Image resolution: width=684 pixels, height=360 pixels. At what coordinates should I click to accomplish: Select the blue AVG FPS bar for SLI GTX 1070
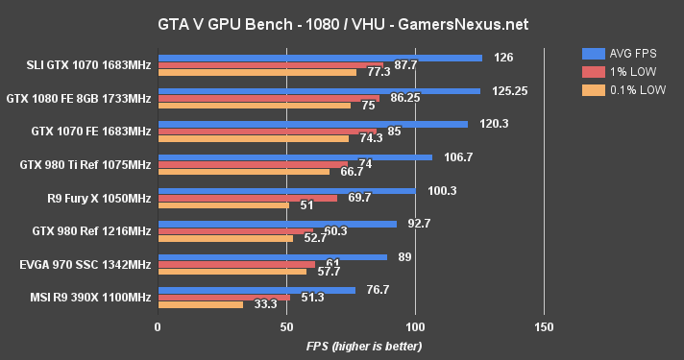point(319,58)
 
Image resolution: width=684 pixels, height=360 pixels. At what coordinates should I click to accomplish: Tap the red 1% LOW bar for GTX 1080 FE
point(268,99)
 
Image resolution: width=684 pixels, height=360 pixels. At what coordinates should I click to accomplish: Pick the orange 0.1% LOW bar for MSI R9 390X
point(200,305)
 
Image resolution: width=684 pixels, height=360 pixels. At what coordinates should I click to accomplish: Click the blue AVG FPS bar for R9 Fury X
point(286,190)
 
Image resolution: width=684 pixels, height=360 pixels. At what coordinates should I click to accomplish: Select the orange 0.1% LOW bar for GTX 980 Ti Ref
point(243,173)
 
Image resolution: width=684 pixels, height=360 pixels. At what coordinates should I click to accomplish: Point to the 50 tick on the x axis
point(286,327)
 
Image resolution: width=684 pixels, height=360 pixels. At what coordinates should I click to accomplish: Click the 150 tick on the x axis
point(544,327)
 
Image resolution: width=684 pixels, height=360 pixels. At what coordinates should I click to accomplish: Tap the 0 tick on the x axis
point(158,327)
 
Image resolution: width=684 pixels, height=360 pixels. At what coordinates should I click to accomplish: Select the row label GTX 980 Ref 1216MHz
point(91,231)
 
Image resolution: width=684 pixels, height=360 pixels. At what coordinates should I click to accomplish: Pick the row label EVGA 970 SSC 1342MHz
point(86,265)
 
